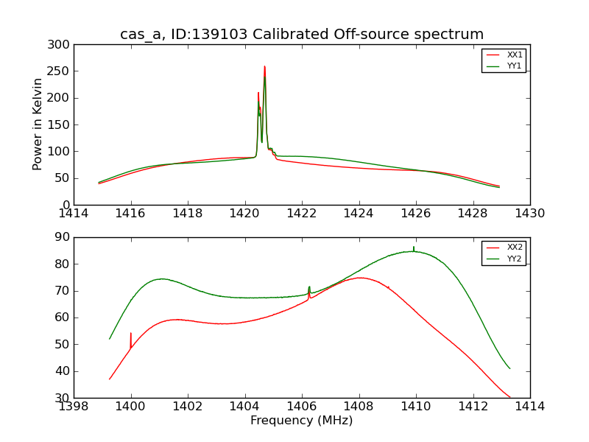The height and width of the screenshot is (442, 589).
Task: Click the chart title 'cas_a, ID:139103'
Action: pyautogui.click(x=302, y=35)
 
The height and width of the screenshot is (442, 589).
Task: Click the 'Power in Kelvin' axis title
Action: pyautogui.click(x=38, y=124)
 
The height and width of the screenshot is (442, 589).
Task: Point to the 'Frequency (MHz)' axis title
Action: pyautogui.click(x=302, y=421)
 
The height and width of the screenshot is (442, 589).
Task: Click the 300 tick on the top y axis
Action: pyautogui.click(x=61, y=45)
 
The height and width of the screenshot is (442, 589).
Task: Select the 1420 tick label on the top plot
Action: pyautogui.click(x=244, y=214)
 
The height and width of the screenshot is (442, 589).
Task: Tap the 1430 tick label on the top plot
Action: pyautogui.click(x=529, y=214)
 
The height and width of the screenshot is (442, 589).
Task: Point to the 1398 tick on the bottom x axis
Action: pyautogui.click(x=74, y=406)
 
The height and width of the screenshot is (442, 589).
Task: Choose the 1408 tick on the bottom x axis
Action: pyautogui.click(x=359, y=406)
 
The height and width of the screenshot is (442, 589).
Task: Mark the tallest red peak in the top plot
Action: pyautogui.click(x=264, y=67)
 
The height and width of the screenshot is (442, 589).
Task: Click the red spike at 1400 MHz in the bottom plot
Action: pyautogui.click(x=131, y=334)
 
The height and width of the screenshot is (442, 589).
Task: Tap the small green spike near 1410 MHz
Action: pyautogui.click(x=414, y=248)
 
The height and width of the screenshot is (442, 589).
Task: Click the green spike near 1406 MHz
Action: pyautogui.click(x=309, y=287)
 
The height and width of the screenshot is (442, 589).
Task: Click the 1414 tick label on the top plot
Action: pyautogui.click(x=74, y=214)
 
